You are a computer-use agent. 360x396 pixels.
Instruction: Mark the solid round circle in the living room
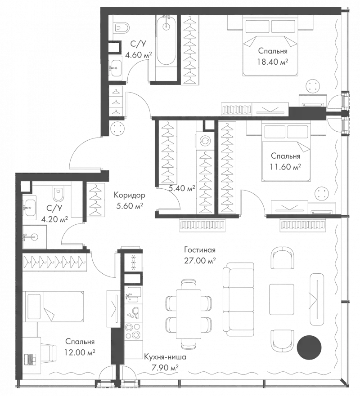pos(310,346)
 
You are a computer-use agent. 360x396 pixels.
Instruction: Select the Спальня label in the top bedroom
pos(273,51)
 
